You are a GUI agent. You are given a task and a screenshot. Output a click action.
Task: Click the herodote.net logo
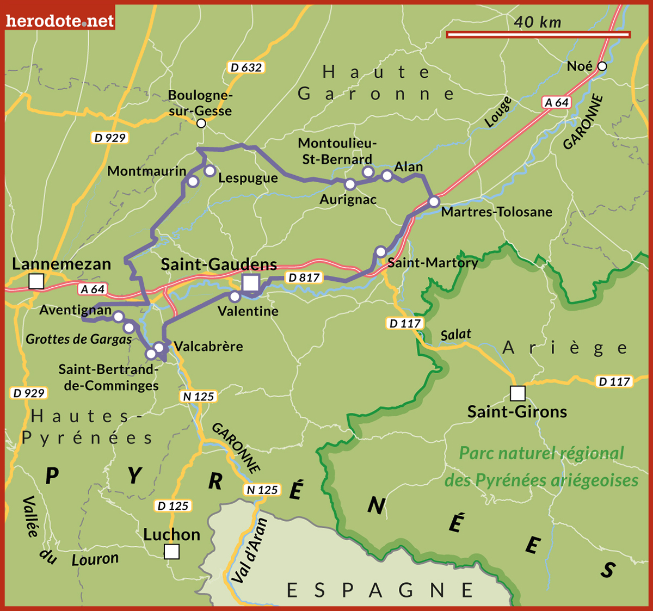[60, 21]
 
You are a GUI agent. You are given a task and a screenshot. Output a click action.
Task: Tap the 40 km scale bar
[538, 35]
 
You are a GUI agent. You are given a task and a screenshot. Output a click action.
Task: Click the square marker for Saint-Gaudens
[251, 283]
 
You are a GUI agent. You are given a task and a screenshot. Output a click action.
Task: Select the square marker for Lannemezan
[36, 281]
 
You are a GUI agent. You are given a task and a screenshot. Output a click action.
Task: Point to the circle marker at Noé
[602, 66]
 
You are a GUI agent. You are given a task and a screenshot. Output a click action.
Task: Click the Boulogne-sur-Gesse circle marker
[201, 124]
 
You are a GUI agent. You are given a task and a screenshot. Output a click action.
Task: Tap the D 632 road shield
[246, 67]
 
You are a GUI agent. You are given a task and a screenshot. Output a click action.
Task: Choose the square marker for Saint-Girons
[518, 393]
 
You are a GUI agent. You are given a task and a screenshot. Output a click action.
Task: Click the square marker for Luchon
[171, 552]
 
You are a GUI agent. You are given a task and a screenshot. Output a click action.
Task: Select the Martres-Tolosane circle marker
[434, 202]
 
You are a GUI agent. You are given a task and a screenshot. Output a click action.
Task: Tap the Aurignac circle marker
[350, 185]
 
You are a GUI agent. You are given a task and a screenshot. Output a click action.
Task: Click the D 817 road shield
[304, 277]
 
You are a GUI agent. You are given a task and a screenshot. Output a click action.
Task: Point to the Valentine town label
[248, 311]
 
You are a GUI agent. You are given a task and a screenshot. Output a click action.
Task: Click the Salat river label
[455, 334]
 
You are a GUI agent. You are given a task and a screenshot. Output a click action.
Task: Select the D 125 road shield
[173, 506]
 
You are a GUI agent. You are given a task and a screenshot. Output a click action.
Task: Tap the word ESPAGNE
[380, 590]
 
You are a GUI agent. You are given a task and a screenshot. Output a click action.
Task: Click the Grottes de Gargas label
[79, 340]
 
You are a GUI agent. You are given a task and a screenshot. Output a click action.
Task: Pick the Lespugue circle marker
[210, 171]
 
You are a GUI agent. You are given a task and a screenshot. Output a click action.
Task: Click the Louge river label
[498, 113]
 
